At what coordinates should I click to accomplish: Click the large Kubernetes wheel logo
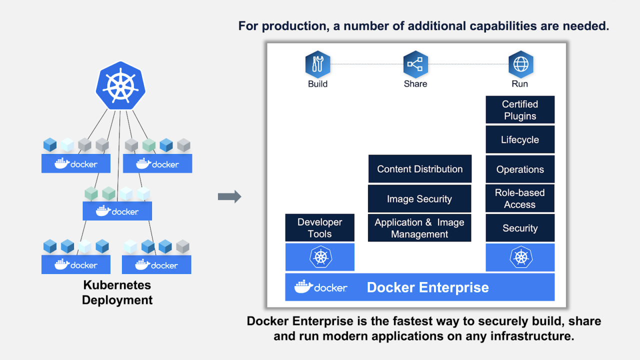[120, 86]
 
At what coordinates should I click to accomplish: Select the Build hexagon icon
[317, 64]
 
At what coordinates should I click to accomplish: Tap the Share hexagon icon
[415, 64]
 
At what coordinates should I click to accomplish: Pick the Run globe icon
[520, 64]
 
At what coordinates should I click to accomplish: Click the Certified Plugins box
[520, 110]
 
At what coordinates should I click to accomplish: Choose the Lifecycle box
[520, 140]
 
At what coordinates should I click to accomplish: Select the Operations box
[520, 169]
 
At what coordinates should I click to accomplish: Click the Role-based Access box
[520, 198]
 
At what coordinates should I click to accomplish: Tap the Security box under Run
[520, 228]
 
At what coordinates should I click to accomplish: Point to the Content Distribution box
[419, 169]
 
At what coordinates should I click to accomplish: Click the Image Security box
[419, 199]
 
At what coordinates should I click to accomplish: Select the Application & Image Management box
[419, 228]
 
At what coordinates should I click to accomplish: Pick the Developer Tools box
[319, 228]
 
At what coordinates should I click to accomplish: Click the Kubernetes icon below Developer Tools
[319, 257]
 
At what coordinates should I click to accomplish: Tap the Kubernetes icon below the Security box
[520, 257]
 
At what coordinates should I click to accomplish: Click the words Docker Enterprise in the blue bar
[427, 287]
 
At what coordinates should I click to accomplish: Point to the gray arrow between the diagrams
[229, 197]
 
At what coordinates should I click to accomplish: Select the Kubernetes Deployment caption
[117, 292]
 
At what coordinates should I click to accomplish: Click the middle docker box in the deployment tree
[117, 211]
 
